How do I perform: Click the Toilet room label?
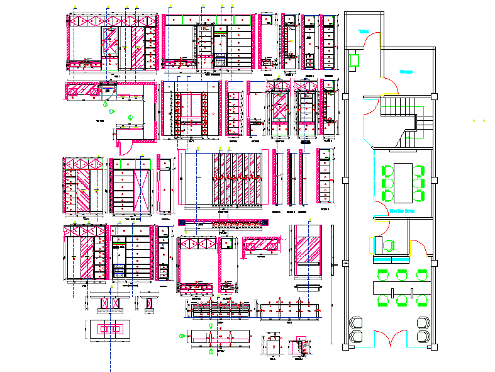coord(363,31)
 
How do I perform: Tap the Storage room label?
coord(406,72)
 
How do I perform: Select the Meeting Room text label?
coord(402,211)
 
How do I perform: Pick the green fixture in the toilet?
coord(354,60)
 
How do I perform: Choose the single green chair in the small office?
coord(391,246)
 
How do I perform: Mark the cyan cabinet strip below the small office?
coord(391,260)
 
